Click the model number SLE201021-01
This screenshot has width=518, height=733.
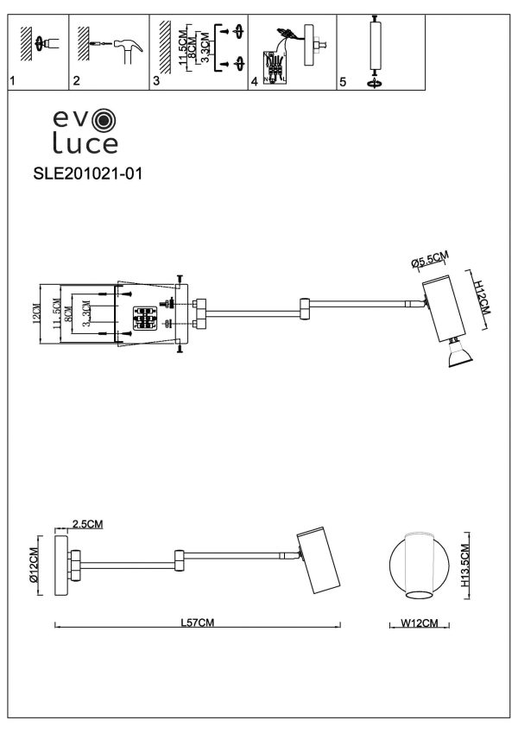tap(85, 173)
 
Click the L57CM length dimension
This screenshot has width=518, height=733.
tap(198, 622)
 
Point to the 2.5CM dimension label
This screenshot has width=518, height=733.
tap(88, 524)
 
